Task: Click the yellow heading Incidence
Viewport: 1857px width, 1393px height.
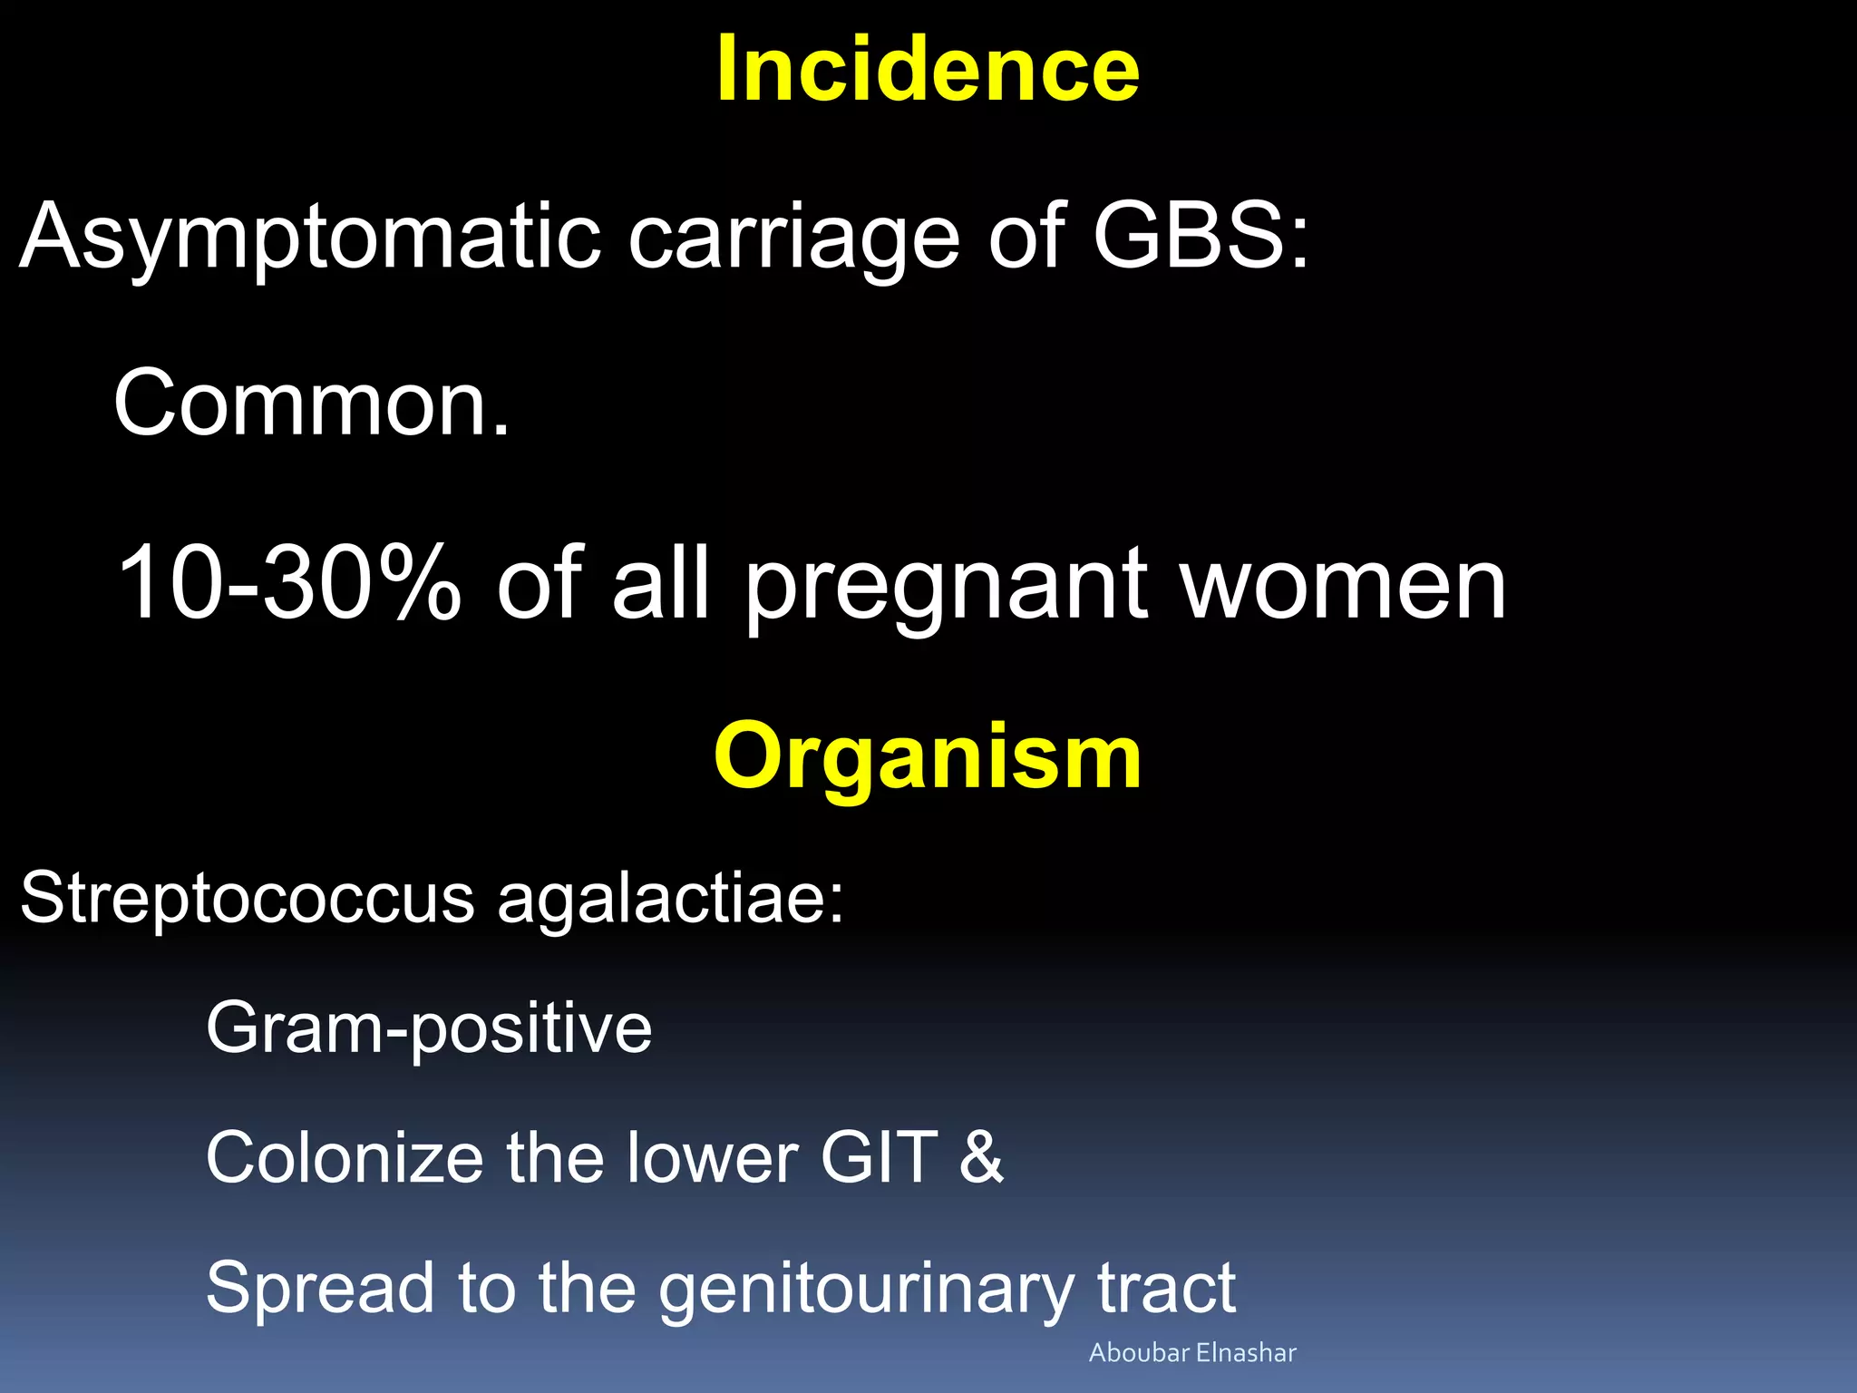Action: click(x=927, y=71)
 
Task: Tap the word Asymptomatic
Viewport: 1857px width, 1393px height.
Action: click(x=310, y=238)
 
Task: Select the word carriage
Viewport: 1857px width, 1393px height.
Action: click(x=793, y=238)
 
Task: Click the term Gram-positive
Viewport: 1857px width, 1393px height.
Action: click(x=429, y=1029)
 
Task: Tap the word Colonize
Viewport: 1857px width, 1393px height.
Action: click(x=345, y=1158)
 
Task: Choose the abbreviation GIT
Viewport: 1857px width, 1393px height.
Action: click(x=879, y=1158)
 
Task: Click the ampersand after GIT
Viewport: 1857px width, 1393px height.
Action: click(x=982, y=1158)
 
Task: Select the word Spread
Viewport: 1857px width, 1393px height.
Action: click(x=320, y=1289)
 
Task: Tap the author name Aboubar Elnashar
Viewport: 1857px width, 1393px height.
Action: click(x=1191, y=1353)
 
